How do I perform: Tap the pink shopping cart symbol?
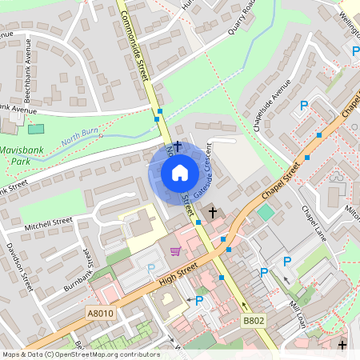click(x=175, y=251)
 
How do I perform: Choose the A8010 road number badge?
click(x=101, y=314)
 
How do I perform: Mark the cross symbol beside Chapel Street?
click(x=213, y=212)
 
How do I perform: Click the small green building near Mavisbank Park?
click(x=36, y=129)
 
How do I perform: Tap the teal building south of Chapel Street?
click(x=265, y=213)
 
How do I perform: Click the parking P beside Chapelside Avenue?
click(x=304, y=106)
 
